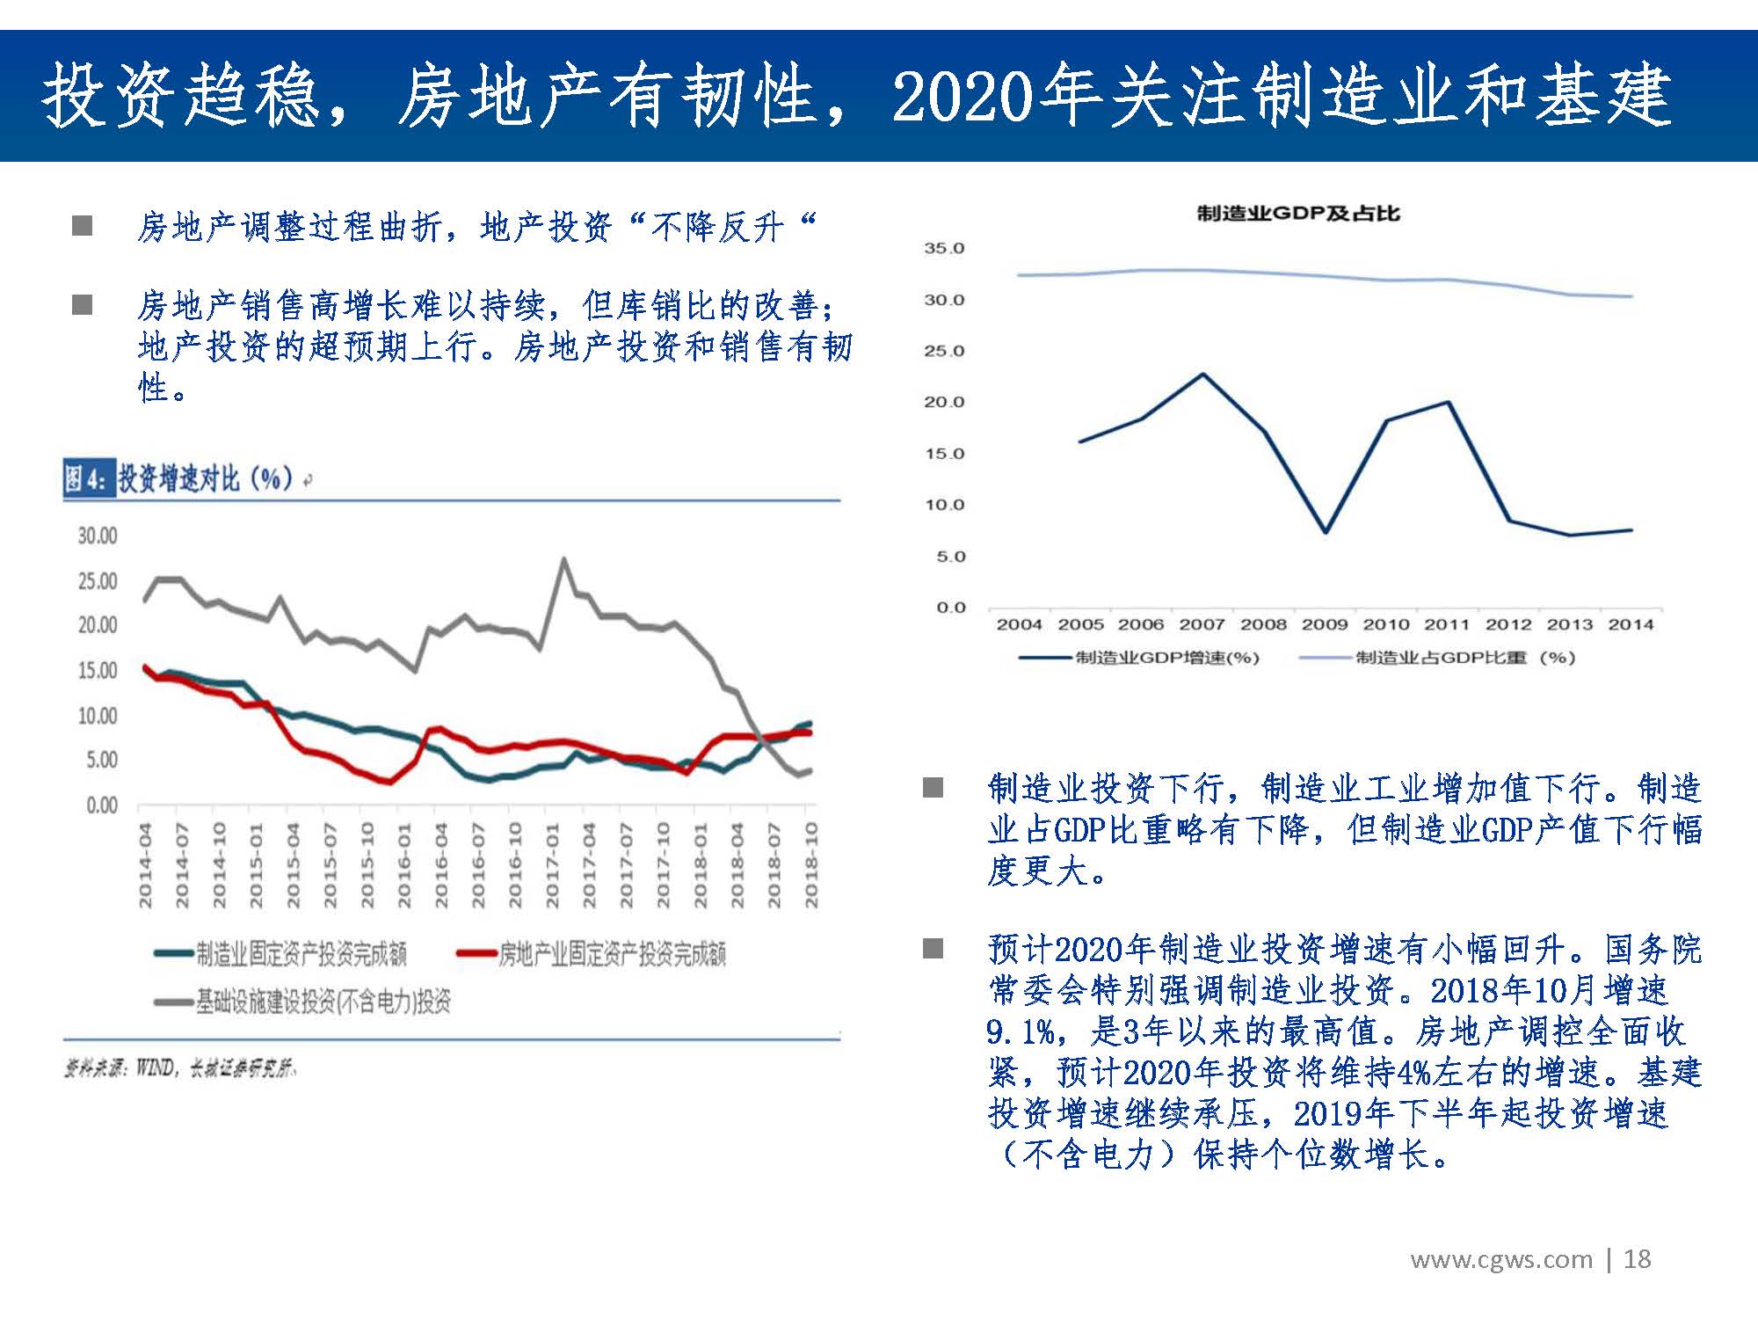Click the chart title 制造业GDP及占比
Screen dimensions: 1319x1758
point(1297,214)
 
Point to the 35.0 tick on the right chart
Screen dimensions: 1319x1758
point(943,249)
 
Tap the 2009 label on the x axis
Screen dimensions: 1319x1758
point(1324,624)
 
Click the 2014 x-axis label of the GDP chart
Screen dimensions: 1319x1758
point(1631,624)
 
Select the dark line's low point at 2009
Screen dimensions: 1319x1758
point(1326,532)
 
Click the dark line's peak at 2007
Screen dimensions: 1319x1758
point(1202,375)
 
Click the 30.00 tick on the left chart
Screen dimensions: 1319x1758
point(97,536)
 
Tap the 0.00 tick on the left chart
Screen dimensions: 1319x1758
point(101,805)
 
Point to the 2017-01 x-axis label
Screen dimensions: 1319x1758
point(552,865)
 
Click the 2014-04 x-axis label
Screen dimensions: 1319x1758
point(145,865)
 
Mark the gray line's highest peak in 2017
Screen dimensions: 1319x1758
point(563,559)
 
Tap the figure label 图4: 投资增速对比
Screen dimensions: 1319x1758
point(180,479)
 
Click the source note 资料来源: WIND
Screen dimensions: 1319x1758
point(179,1069)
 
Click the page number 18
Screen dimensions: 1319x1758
point(1637,1259)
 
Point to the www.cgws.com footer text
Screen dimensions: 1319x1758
point(1501,1259)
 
